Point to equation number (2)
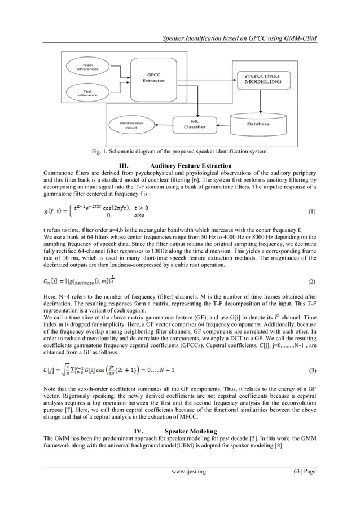pyautogui.click(x=312, y=280)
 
